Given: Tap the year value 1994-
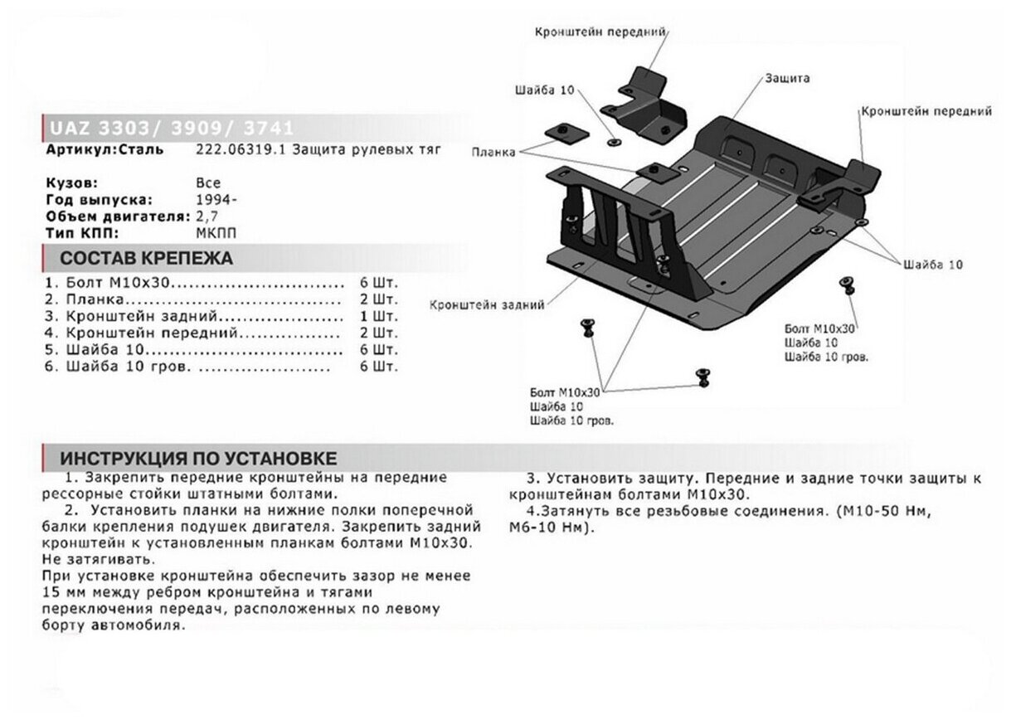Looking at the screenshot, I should pos(213,200).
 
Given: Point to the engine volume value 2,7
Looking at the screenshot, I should pos(203,216).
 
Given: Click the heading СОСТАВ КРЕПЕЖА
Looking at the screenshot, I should pos(147,258).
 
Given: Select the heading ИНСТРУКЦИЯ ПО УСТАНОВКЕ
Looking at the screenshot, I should pos(198,459).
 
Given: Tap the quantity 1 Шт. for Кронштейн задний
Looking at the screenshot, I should pos(379,316).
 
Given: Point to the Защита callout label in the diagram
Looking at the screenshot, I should pos(788,78).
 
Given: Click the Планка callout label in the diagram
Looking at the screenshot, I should pos(493,153).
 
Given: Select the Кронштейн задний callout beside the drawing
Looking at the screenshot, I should pos(487,305).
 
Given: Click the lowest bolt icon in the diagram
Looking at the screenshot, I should pos(703,376).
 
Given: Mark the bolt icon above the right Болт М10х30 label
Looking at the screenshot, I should pos(848,285).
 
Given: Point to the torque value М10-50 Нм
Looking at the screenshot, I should pos(886,512).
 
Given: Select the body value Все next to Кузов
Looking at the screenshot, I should pos(208,183).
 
